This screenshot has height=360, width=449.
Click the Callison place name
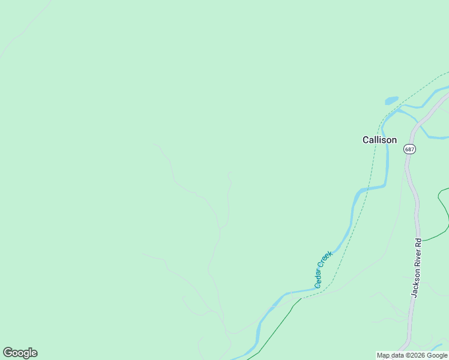(x=379, y=140)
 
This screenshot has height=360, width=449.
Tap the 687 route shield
(x=409, y=149)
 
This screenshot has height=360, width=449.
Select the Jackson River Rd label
(x=417, y=268)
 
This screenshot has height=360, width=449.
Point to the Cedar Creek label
(x=324, y=269)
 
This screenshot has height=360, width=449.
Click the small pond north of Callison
(x=391, y=100)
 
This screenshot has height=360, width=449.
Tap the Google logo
(x=20, y=353)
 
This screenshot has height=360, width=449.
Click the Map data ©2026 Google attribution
(x=412, y=355)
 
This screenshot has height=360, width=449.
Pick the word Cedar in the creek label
(x=319, y=278)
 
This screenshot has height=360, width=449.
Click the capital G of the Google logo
(x=8, y=353)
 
